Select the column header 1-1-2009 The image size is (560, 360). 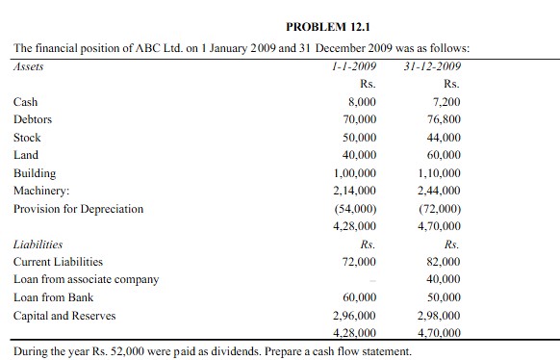[x=353, y=66]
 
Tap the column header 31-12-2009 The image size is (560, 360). [x=432, y=66]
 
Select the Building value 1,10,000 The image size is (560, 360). [x=439, y=173]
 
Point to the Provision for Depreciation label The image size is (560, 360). [x=78, y=208]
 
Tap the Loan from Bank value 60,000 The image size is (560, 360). [x=358, y=297]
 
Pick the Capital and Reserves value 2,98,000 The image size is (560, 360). [x=439, y=315]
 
